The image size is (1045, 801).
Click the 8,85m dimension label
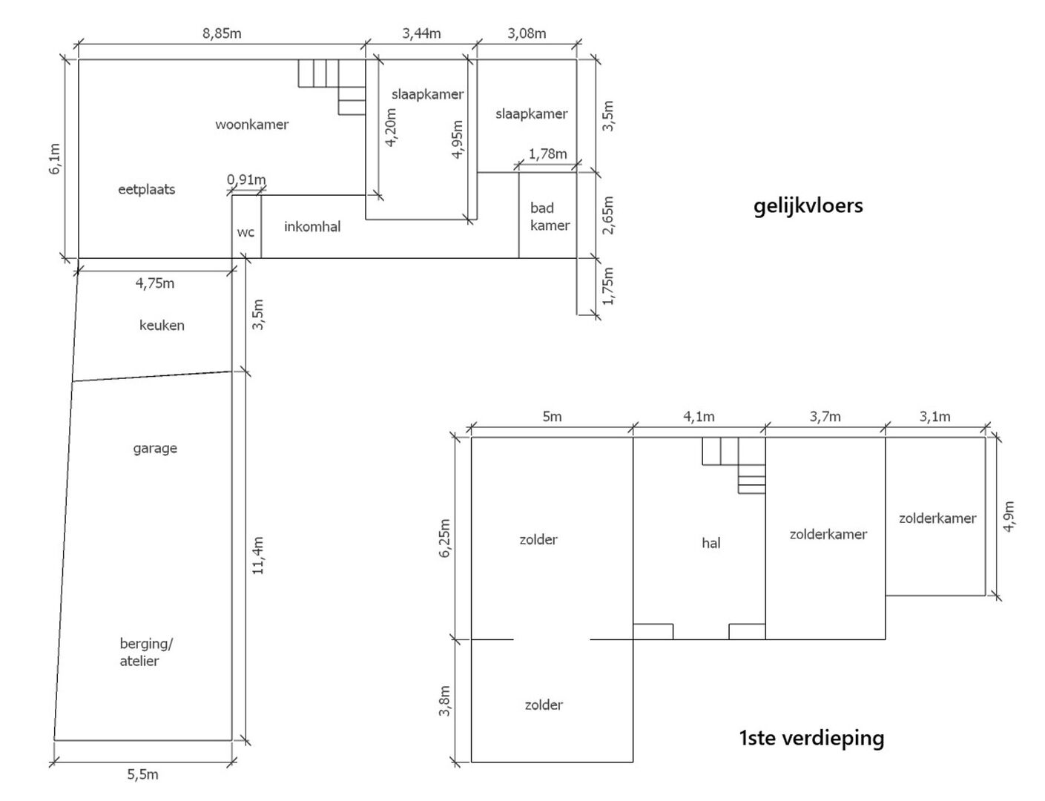[222, 33]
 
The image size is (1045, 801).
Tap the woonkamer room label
[252, 125]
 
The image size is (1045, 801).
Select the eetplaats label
[147, 189]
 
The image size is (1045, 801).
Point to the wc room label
[245, 233]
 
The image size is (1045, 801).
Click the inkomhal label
[312, 226]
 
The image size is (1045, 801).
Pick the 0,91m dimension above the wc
[246, 179]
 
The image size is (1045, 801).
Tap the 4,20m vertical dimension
[391, 128]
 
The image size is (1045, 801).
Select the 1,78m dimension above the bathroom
[548, 154]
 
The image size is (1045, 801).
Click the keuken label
[162, 326]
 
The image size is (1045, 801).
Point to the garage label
[155, 449]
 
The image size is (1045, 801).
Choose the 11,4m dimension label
[258, 556]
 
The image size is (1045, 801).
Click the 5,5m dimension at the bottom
[143, 774]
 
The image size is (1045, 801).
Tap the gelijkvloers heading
[808, 206]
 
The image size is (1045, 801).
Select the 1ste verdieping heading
[812, 738]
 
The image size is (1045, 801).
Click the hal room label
[711, 544]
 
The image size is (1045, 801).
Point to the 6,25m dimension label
[445, 538]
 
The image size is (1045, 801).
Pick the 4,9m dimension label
[1009, 517]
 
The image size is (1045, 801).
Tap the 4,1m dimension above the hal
[699, 417]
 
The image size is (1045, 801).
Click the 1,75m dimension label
[608, 286]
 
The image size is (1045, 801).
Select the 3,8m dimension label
[445, 701]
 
